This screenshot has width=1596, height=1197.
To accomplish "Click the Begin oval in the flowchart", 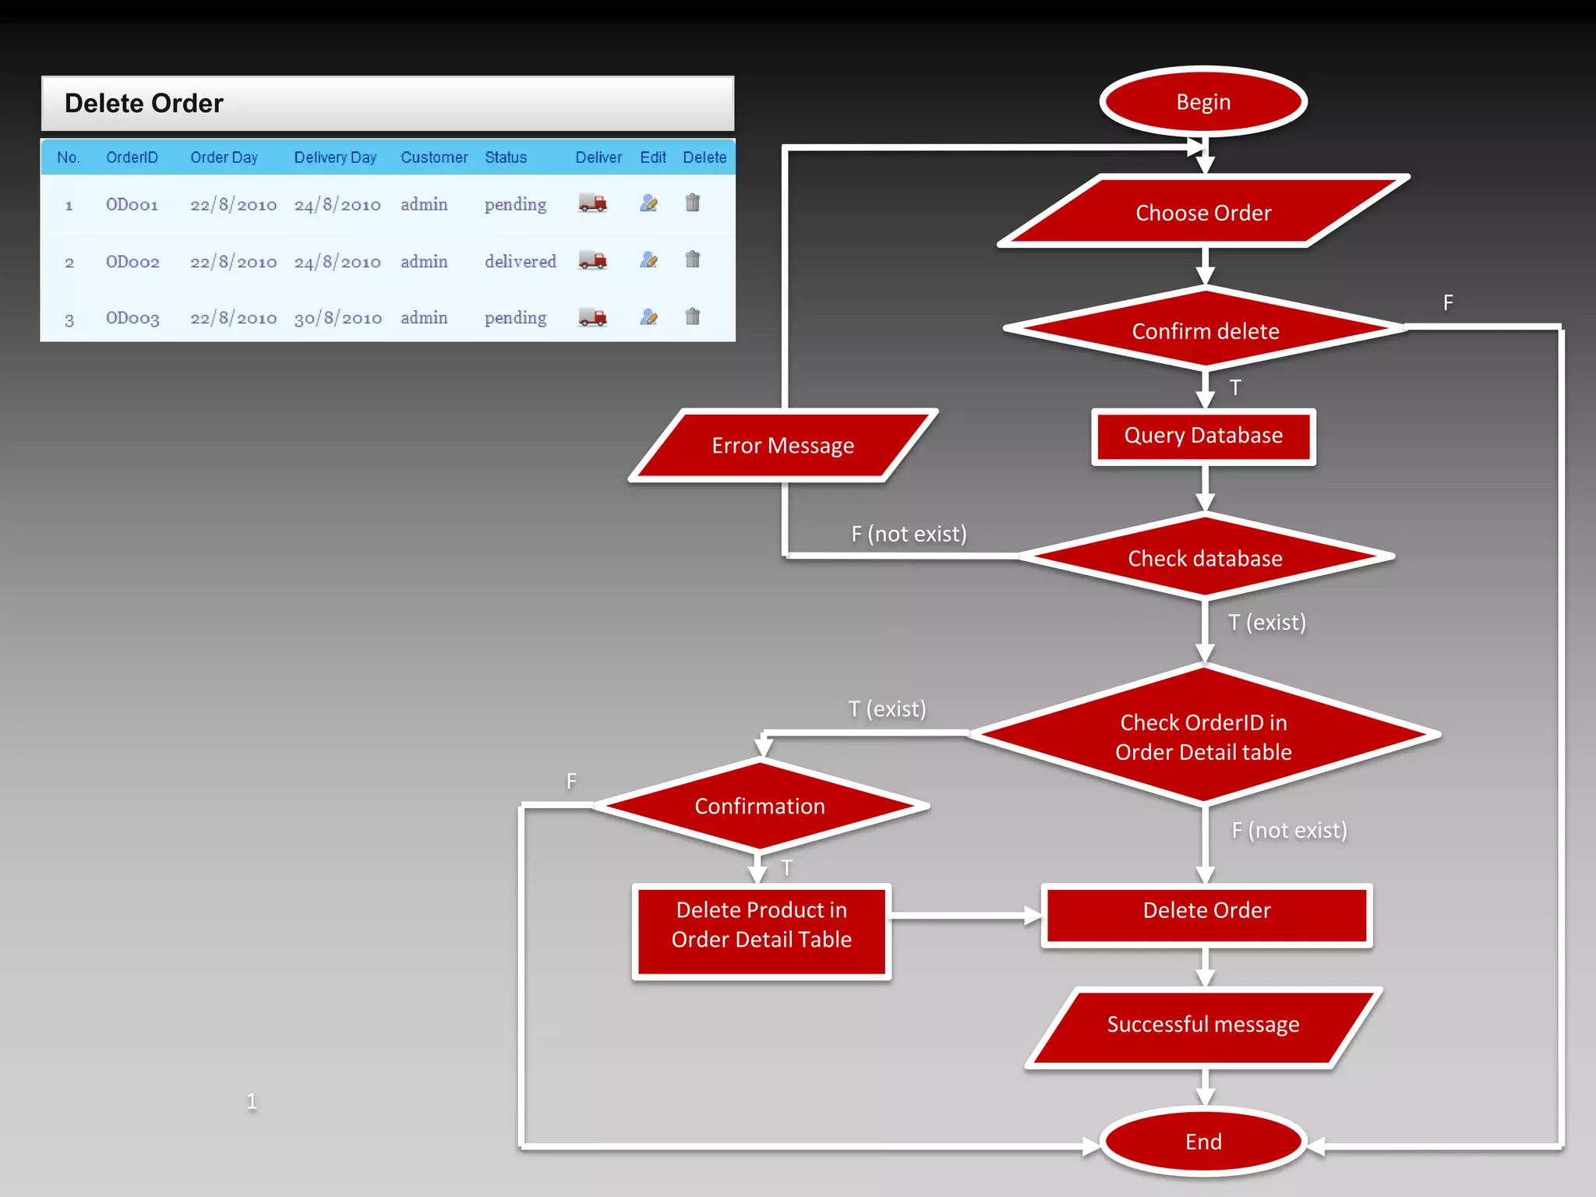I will [x=1202, y=102].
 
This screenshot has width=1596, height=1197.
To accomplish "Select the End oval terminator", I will [x=1202, y=1142].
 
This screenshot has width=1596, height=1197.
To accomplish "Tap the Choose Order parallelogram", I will [x=1202, y=212].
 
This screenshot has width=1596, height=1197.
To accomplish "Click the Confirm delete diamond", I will [x=1205, y=330].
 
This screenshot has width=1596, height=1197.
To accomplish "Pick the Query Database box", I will [x=1203, y=436].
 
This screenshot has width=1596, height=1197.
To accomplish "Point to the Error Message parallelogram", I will [x=782, y=446].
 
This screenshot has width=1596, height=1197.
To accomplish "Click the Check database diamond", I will [x=1205, y=558].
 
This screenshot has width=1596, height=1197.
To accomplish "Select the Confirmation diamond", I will [x=760, y=806].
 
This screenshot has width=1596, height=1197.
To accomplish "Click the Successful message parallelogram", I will [x=1202, y=1025].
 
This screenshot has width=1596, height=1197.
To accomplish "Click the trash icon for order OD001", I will [x=692, y=203].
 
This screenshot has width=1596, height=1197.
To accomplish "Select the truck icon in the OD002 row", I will [x=592, y=260].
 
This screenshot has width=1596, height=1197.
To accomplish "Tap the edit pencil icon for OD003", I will [x=648, y=317].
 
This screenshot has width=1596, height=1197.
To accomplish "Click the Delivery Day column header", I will [x=335, y=157].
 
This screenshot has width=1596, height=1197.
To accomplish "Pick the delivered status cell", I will [x=520, y=262].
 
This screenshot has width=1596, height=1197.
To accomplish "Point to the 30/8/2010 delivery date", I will [x=337, y=318].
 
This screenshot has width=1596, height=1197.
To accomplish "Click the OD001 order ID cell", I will [x=132, y=205].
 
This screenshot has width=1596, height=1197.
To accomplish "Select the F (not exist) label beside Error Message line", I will [x=909, y=534].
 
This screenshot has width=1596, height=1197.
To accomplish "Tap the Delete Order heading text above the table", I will [x=144, y=104].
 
